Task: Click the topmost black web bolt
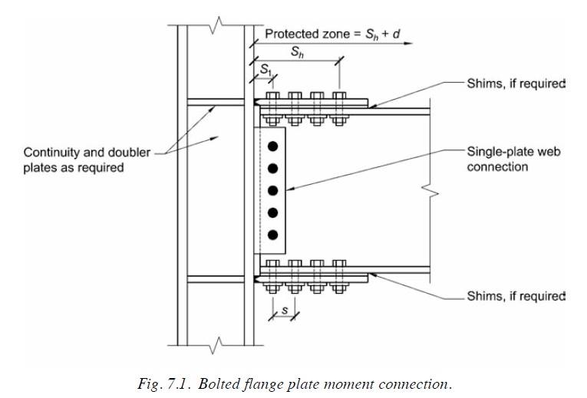coord(272,146)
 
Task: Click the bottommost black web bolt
coord(272,234)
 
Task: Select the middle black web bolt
coord(272,189)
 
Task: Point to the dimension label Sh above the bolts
coord(295,52)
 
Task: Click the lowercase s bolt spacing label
coord(285,311)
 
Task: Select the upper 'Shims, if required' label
coord(516,84)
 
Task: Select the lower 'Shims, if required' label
coord(516,296)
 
